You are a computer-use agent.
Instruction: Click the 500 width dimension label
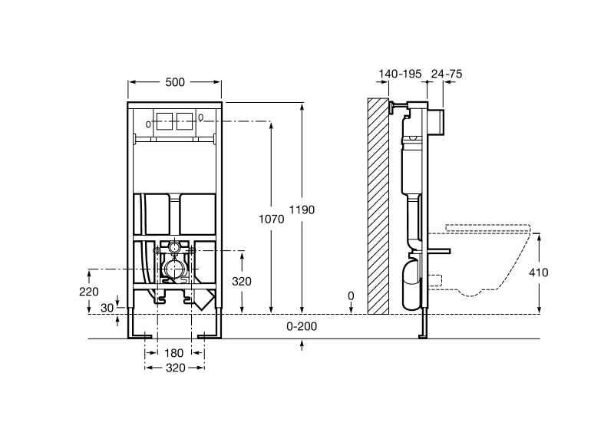click(175, 82)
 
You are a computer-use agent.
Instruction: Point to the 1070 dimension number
click(272, 219)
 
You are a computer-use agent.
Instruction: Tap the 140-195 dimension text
click(400, 74)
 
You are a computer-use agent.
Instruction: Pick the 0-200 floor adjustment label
click(302, 326)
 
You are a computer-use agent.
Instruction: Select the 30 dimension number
click(107, 306)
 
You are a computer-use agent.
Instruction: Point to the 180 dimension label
click(175, 353)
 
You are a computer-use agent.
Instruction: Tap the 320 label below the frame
click(175, 368)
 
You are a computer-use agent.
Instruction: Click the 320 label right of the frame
click(242, 282)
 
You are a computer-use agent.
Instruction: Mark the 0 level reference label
click(351, 295)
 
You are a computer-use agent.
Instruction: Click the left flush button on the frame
click(165, 121)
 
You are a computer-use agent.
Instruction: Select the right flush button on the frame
click(184, 121)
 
